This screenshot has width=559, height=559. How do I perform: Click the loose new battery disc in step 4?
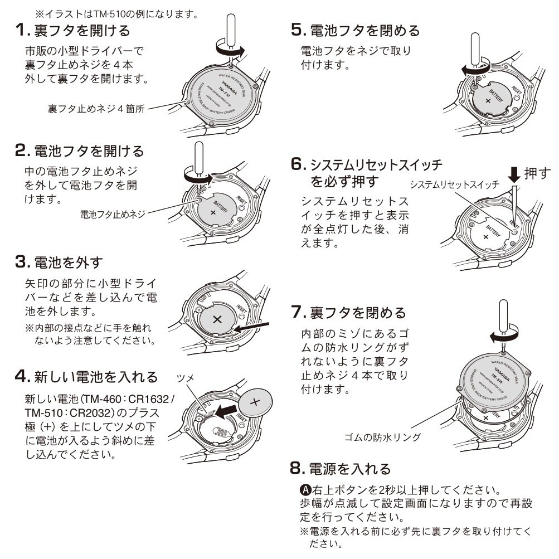click(256, 401)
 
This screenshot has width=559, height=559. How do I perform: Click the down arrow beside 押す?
click(513, 174)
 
